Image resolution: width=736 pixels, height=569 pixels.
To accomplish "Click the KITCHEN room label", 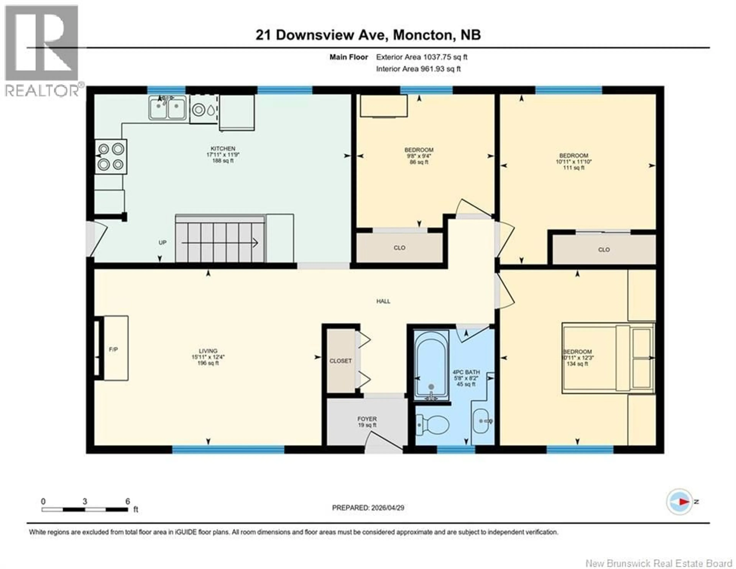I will tap(223, 149).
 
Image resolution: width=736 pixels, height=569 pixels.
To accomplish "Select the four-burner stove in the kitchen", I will tap(111, 157).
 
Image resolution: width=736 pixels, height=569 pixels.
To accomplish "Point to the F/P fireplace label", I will tap(113, 349).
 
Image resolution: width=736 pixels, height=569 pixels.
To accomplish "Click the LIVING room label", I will tap(208, 351).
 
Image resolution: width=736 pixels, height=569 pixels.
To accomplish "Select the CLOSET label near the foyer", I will tap(340, 361).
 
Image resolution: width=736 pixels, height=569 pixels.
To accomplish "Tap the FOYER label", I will tap(367, 419).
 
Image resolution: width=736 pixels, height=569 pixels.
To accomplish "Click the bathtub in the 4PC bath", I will tap(431, 365).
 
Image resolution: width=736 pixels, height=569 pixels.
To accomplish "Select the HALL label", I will tap(383, 301).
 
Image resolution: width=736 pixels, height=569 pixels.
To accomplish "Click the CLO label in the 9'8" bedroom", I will tap(399, 248).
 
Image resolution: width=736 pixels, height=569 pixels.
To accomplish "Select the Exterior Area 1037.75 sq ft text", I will tap(422, 57).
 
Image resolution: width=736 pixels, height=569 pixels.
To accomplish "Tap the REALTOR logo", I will tap(42, 51).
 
